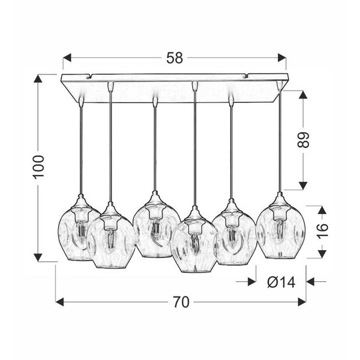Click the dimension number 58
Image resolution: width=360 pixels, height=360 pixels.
pyautogui.click(x=175, y=58)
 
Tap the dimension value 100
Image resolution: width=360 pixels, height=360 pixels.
pyautogui.click(x=38, y=167)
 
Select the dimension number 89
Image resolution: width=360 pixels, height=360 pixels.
pyautogui.click(x=304, y=140)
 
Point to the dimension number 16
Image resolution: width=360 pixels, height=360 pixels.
pyautogui.click(x=322, y=230)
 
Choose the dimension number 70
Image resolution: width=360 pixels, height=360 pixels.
pyautogui.click(x=181, y=302)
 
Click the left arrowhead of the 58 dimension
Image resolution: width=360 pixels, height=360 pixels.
pyautogui.click(x=67, y=58)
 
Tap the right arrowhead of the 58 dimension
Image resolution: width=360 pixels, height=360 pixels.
pyautogui.click(x=282, y=58)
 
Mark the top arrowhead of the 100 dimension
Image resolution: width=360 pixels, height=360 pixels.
pyautogui.click(x=38, y=79)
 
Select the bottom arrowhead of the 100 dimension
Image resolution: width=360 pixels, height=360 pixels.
pyautogui.click(x=38, y=257)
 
